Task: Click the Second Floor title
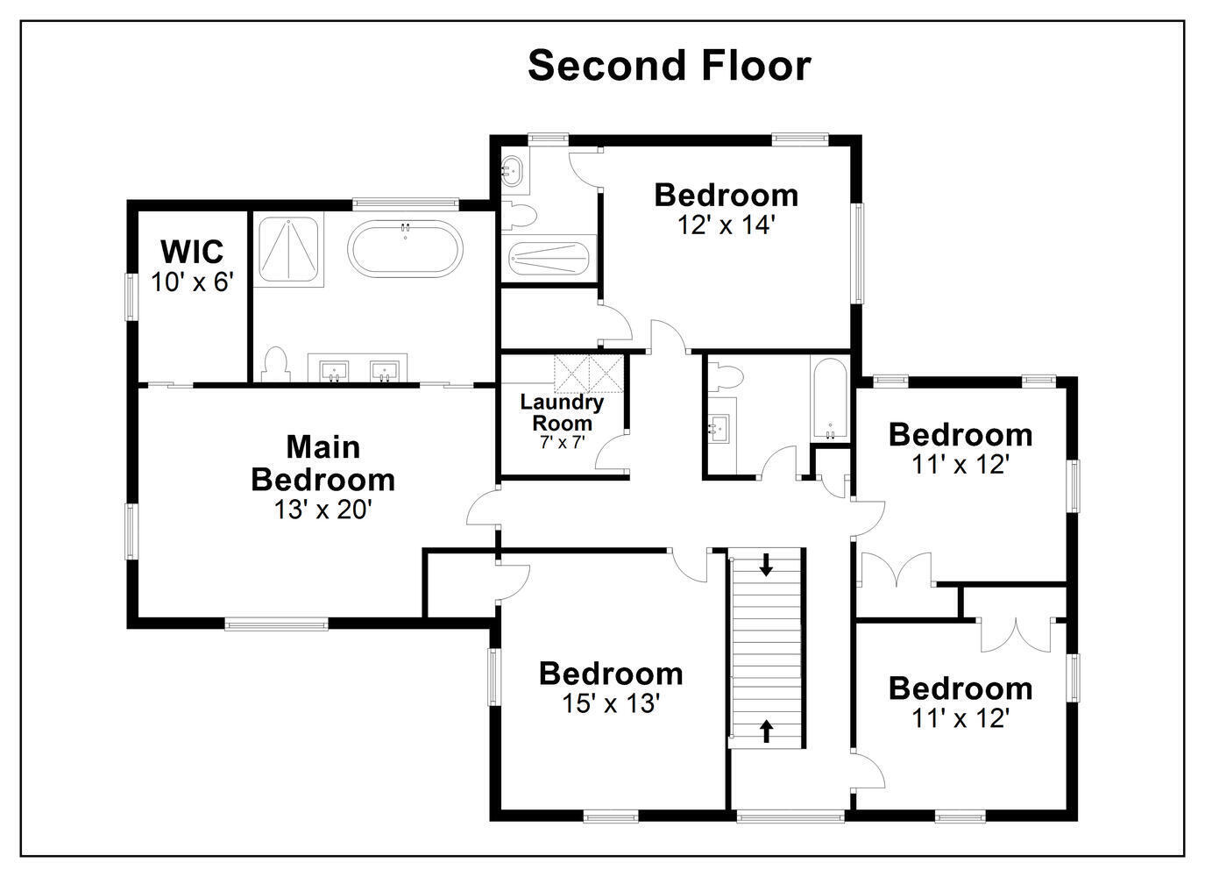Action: (x=670, y=66)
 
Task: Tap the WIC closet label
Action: (x=192, y=251)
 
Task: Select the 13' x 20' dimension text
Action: (x=323, y=510)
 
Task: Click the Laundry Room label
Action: (x=562, y=412)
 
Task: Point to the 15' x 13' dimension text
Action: (x=611, y=703)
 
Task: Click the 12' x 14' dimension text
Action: (x=726, y=225)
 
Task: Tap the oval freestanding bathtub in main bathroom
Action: (x=405, y=249)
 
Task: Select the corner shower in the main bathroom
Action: (x=289, y=249)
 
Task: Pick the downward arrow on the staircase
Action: (x=766, y=565)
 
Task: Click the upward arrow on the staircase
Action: (x=766, y=731)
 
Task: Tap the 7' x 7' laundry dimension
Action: (x=562, y=442)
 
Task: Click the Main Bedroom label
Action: (x=323, y=463)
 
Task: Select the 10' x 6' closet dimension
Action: (x=192, y=282)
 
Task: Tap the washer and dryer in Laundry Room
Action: (x=589, y=372)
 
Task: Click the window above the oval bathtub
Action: (x=406, y=204)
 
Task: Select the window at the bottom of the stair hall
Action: (x=790, y=817)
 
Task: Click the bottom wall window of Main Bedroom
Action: (x=277, y=624)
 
